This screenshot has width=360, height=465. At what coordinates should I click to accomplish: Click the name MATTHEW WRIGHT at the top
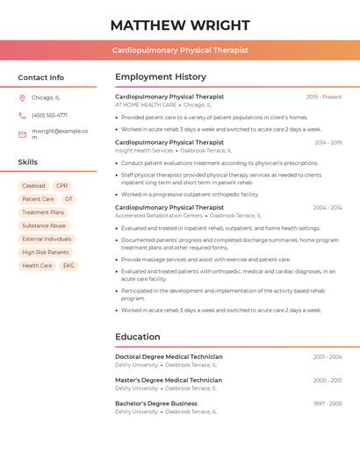coord(180,25)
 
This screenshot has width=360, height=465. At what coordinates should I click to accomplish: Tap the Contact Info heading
coord(41,77)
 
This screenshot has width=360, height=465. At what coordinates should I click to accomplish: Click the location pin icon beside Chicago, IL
coord(22,97)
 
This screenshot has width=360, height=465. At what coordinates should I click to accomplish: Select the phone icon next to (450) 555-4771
coord(22,115)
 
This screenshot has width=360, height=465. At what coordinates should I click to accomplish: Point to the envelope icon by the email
coord(22,134)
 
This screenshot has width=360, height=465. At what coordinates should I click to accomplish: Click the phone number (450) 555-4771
coord(49,115)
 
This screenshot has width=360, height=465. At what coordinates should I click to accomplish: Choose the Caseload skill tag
coord(33,186)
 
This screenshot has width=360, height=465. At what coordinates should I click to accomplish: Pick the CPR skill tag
coord(61,186)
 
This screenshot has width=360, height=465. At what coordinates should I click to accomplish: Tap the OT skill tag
coord(68,199)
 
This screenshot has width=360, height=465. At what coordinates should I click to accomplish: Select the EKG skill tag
coord(68,265)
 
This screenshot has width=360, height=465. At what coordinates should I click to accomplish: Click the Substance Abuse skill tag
coord(44,225)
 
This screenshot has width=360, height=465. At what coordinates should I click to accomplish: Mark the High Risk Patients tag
coord(46,252)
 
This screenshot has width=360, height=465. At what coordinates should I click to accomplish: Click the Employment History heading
coord(161,77)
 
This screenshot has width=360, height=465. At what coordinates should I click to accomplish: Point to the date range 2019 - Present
coord(324,97)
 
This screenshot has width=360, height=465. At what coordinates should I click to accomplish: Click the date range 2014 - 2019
coord(328,142)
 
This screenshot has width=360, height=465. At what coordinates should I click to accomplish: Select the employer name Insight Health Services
coord(145,150)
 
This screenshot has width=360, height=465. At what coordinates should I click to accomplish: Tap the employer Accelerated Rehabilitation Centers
coord(159,215)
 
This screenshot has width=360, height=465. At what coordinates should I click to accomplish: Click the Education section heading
coord(138,337)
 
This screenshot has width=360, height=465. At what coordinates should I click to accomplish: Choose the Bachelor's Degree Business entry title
coord(156,404)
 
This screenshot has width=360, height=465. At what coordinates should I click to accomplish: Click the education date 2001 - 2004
coord(328,357)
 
